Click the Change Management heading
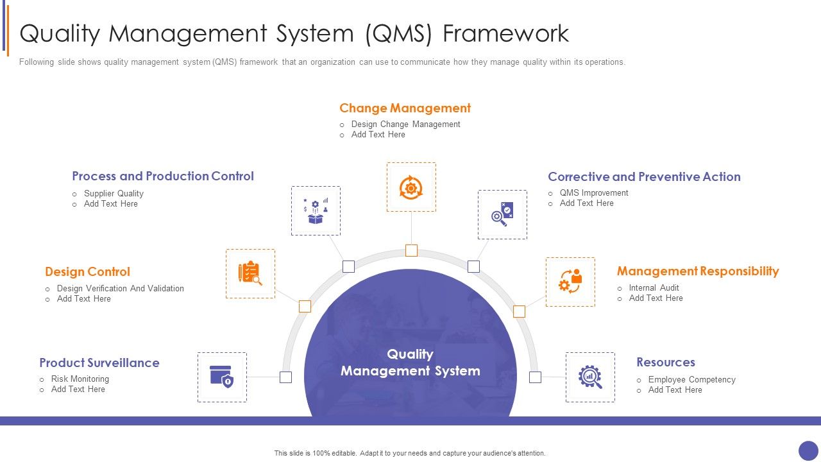pos(405,108)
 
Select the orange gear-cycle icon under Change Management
pos(411,187)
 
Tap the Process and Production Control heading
pos(163,176)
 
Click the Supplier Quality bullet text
pos(114,193)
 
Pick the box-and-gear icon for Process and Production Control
pos(316,211)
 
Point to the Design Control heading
pos(87,271)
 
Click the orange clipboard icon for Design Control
pos(250,273)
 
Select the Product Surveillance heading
pos(99,363)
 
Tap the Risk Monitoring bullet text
pos(80,379)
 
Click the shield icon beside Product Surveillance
pos(222,377)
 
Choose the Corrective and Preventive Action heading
pos(644,176)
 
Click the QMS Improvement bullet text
pos(594,193)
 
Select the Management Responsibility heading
pos(698,271)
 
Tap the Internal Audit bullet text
pos(654,287)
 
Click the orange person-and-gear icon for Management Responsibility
pos(570,282)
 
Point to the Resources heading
pos(665,362)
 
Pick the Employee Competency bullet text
pos(691,379)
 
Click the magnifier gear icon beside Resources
pos(590,377)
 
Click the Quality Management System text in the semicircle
pos(410,363)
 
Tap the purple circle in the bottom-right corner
pos(808,450)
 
